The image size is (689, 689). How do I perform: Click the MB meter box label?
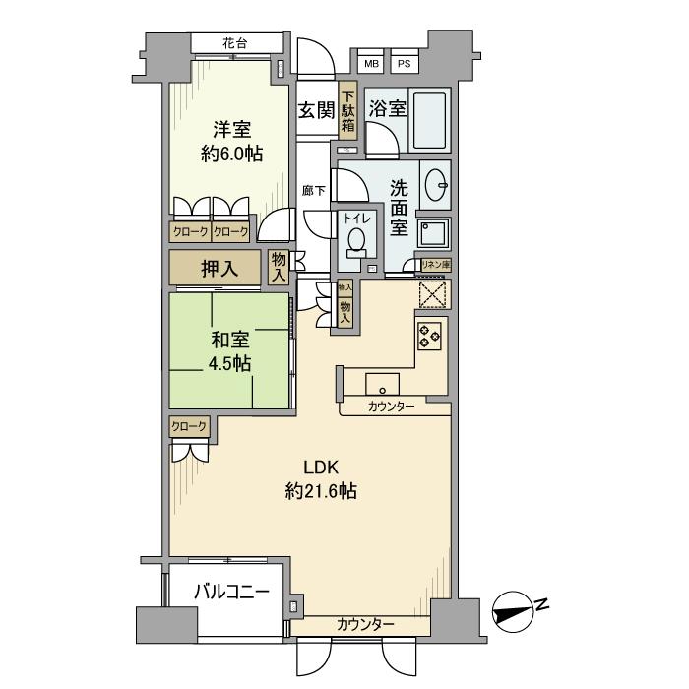[x=371, y=64]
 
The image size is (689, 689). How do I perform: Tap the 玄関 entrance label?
[x=316, y=110]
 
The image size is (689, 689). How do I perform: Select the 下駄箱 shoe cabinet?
[x=348, y=107]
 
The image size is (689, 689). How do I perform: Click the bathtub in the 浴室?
[x=429, y=120]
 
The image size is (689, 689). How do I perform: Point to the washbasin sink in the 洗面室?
[x=436, y=185]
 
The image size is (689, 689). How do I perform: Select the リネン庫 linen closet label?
[x=436, y=265]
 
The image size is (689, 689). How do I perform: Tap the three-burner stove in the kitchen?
[x=429, y=336]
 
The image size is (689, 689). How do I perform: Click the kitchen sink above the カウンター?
[x=382, y=384]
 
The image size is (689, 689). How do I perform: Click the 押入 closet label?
[x=219, y=269]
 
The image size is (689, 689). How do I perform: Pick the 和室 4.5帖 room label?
[x=229, y=352]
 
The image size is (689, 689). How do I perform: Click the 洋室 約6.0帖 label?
[x=231, y=142]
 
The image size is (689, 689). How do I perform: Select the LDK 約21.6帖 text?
[x=321, y=479]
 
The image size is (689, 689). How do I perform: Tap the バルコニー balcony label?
[x=231, y=592]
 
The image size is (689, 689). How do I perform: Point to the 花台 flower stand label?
[x=235, y=43]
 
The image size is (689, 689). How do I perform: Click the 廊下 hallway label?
[x=314, y=191]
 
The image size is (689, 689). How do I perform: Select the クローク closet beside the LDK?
[x=189, y=426]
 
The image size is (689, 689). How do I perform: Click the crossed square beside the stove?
[x=433, y=294]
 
